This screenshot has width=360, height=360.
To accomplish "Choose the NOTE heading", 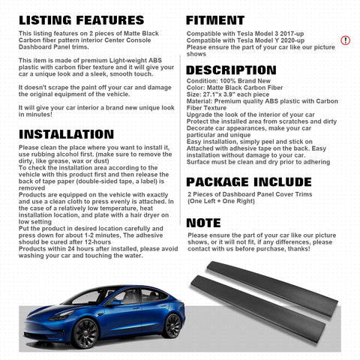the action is click(x=203, y=223).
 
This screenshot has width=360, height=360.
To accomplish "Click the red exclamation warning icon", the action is click(x=345, y=40).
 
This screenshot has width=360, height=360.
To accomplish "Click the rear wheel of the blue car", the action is click(x=172, y=325).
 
